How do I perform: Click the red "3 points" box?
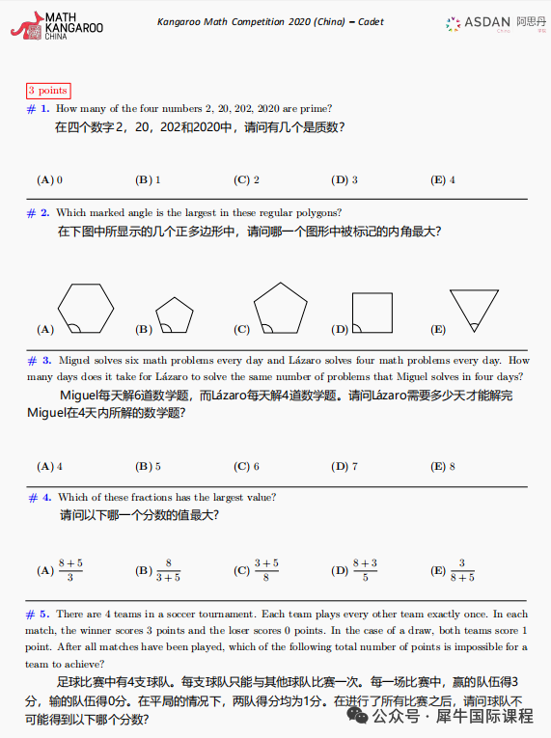(47, 91)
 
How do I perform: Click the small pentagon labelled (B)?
(175, 315)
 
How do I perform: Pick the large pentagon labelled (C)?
(281, 308)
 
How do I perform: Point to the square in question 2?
(372, 312)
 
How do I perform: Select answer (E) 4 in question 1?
(444, 179)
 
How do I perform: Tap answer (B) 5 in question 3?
(148, 466)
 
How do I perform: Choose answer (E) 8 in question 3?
(444, 466)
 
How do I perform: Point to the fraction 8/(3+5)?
(169, 570)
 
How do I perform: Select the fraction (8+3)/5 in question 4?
(365, 570)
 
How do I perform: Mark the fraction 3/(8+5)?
(462, 570)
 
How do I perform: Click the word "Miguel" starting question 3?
(74, 360)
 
